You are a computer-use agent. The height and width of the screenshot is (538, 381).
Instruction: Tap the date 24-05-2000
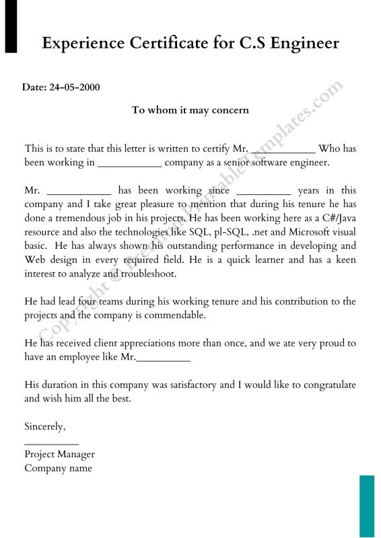(75, 88)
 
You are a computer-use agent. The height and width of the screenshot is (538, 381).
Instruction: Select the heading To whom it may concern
(190, 110)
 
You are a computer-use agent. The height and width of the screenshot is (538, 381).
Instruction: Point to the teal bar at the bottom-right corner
(366, 506)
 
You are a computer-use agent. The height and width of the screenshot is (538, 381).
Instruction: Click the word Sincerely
(44, 426)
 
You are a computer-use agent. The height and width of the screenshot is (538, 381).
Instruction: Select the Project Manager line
(59, 455)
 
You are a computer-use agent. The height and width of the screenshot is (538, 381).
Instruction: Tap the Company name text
(58, 468)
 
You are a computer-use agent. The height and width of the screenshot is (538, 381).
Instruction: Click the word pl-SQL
(236, 232)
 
